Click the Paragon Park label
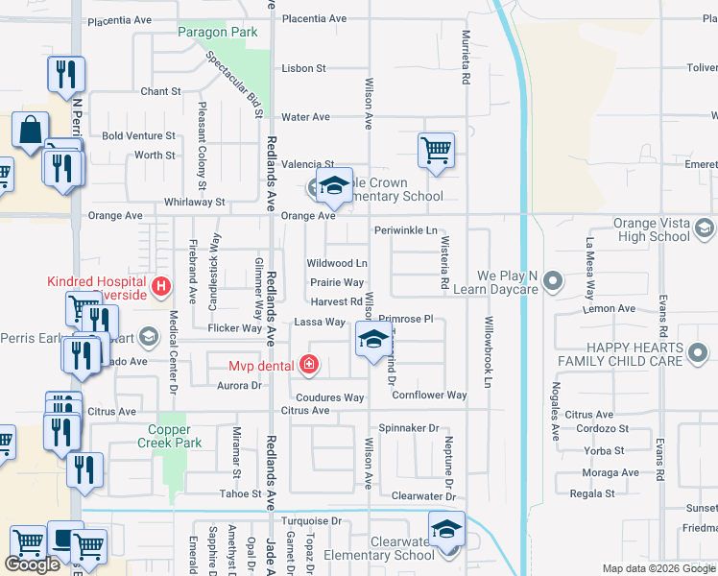218,32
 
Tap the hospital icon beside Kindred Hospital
161,285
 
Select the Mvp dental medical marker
308,364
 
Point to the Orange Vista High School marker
706,228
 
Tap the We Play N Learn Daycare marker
552,281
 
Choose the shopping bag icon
31,130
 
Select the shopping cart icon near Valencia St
436,150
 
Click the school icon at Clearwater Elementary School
446,529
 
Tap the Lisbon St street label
303,69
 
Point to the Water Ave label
305,117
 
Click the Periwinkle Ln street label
405,231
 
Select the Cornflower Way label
429,396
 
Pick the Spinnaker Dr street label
408,428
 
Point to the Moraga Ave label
616,473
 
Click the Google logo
33,564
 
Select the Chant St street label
160,92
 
